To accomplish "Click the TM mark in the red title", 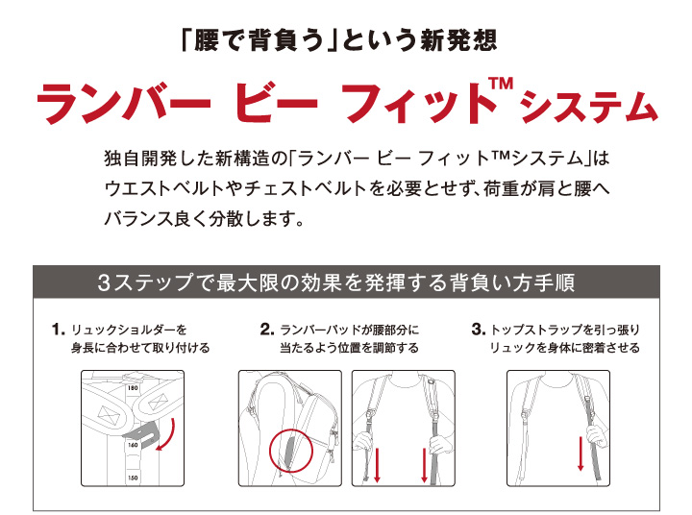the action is (x=501, y=84).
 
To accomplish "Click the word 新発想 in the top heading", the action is (x=458, y=40).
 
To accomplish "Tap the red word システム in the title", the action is (x=589, y=107).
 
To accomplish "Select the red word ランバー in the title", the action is (x=124, y=104).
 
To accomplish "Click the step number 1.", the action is (x=58, y=330).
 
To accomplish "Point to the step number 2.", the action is (x=267, y=330).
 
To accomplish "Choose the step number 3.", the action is (x=479, y=330).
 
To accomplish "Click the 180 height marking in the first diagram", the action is (x=133, y=388).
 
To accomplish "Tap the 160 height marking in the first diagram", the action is (x=133, y=445).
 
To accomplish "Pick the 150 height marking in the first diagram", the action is (x=133, y=478).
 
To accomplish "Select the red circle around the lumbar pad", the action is (x=270, y=451).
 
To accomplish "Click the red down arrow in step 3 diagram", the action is (x=581, y=454).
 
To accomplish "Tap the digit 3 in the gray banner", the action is (x=104, y=282).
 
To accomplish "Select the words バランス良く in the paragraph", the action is (x=147, y=218).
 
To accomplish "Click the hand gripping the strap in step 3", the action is (x=597, y=433).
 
